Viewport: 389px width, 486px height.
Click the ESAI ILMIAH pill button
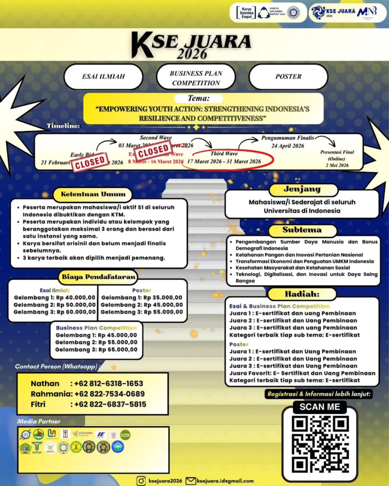coord(103,76)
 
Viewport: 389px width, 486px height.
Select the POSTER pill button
coord(288,76)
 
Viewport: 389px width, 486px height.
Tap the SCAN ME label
coord(320,407)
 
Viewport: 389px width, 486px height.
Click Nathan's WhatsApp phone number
coord(106,383)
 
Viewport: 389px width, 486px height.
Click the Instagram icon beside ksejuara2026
coord(141,480)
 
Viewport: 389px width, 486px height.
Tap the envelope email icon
coord(190,480)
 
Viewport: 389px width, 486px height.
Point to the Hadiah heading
coord(302,294)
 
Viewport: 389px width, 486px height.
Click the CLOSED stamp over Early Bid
coord(90,161)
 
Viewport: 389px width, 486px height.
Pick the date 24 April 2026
coord(288,146)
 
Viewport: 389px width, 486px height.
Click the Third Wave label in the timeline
coord(224,154)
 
